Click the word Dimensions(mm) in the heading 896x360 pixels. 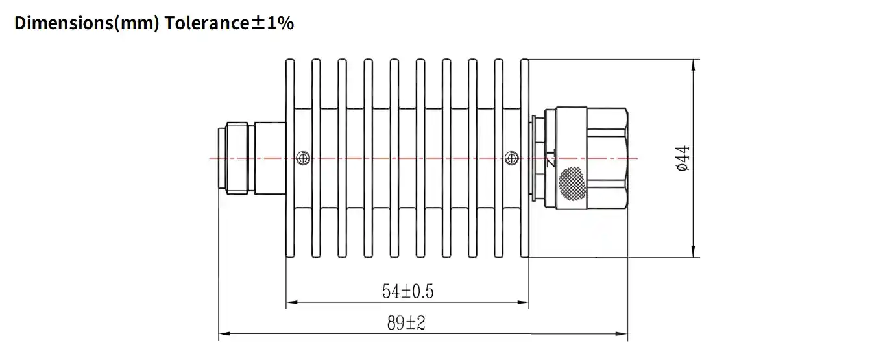87,23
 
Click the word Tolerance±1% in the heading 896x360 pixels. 229,23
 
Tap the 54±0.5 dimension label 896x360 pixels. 407,292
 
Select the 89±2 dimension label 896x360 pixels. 406,323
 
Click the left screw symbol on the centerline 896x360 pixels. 302,158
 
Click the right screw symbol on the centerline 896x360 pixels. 511,158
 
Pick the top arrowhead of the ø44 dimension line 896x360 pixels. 694,64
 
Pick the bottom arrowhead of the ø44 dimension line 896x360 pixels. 694,252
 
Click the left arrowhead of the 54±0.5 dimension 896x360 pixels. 291,302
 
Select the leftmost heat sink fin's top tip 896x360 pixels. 290,60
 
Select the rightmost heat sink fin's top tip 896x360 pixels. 524,60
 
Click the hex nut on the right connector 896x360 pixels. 606,158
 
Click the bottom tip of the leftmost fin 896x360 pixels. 290,256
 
